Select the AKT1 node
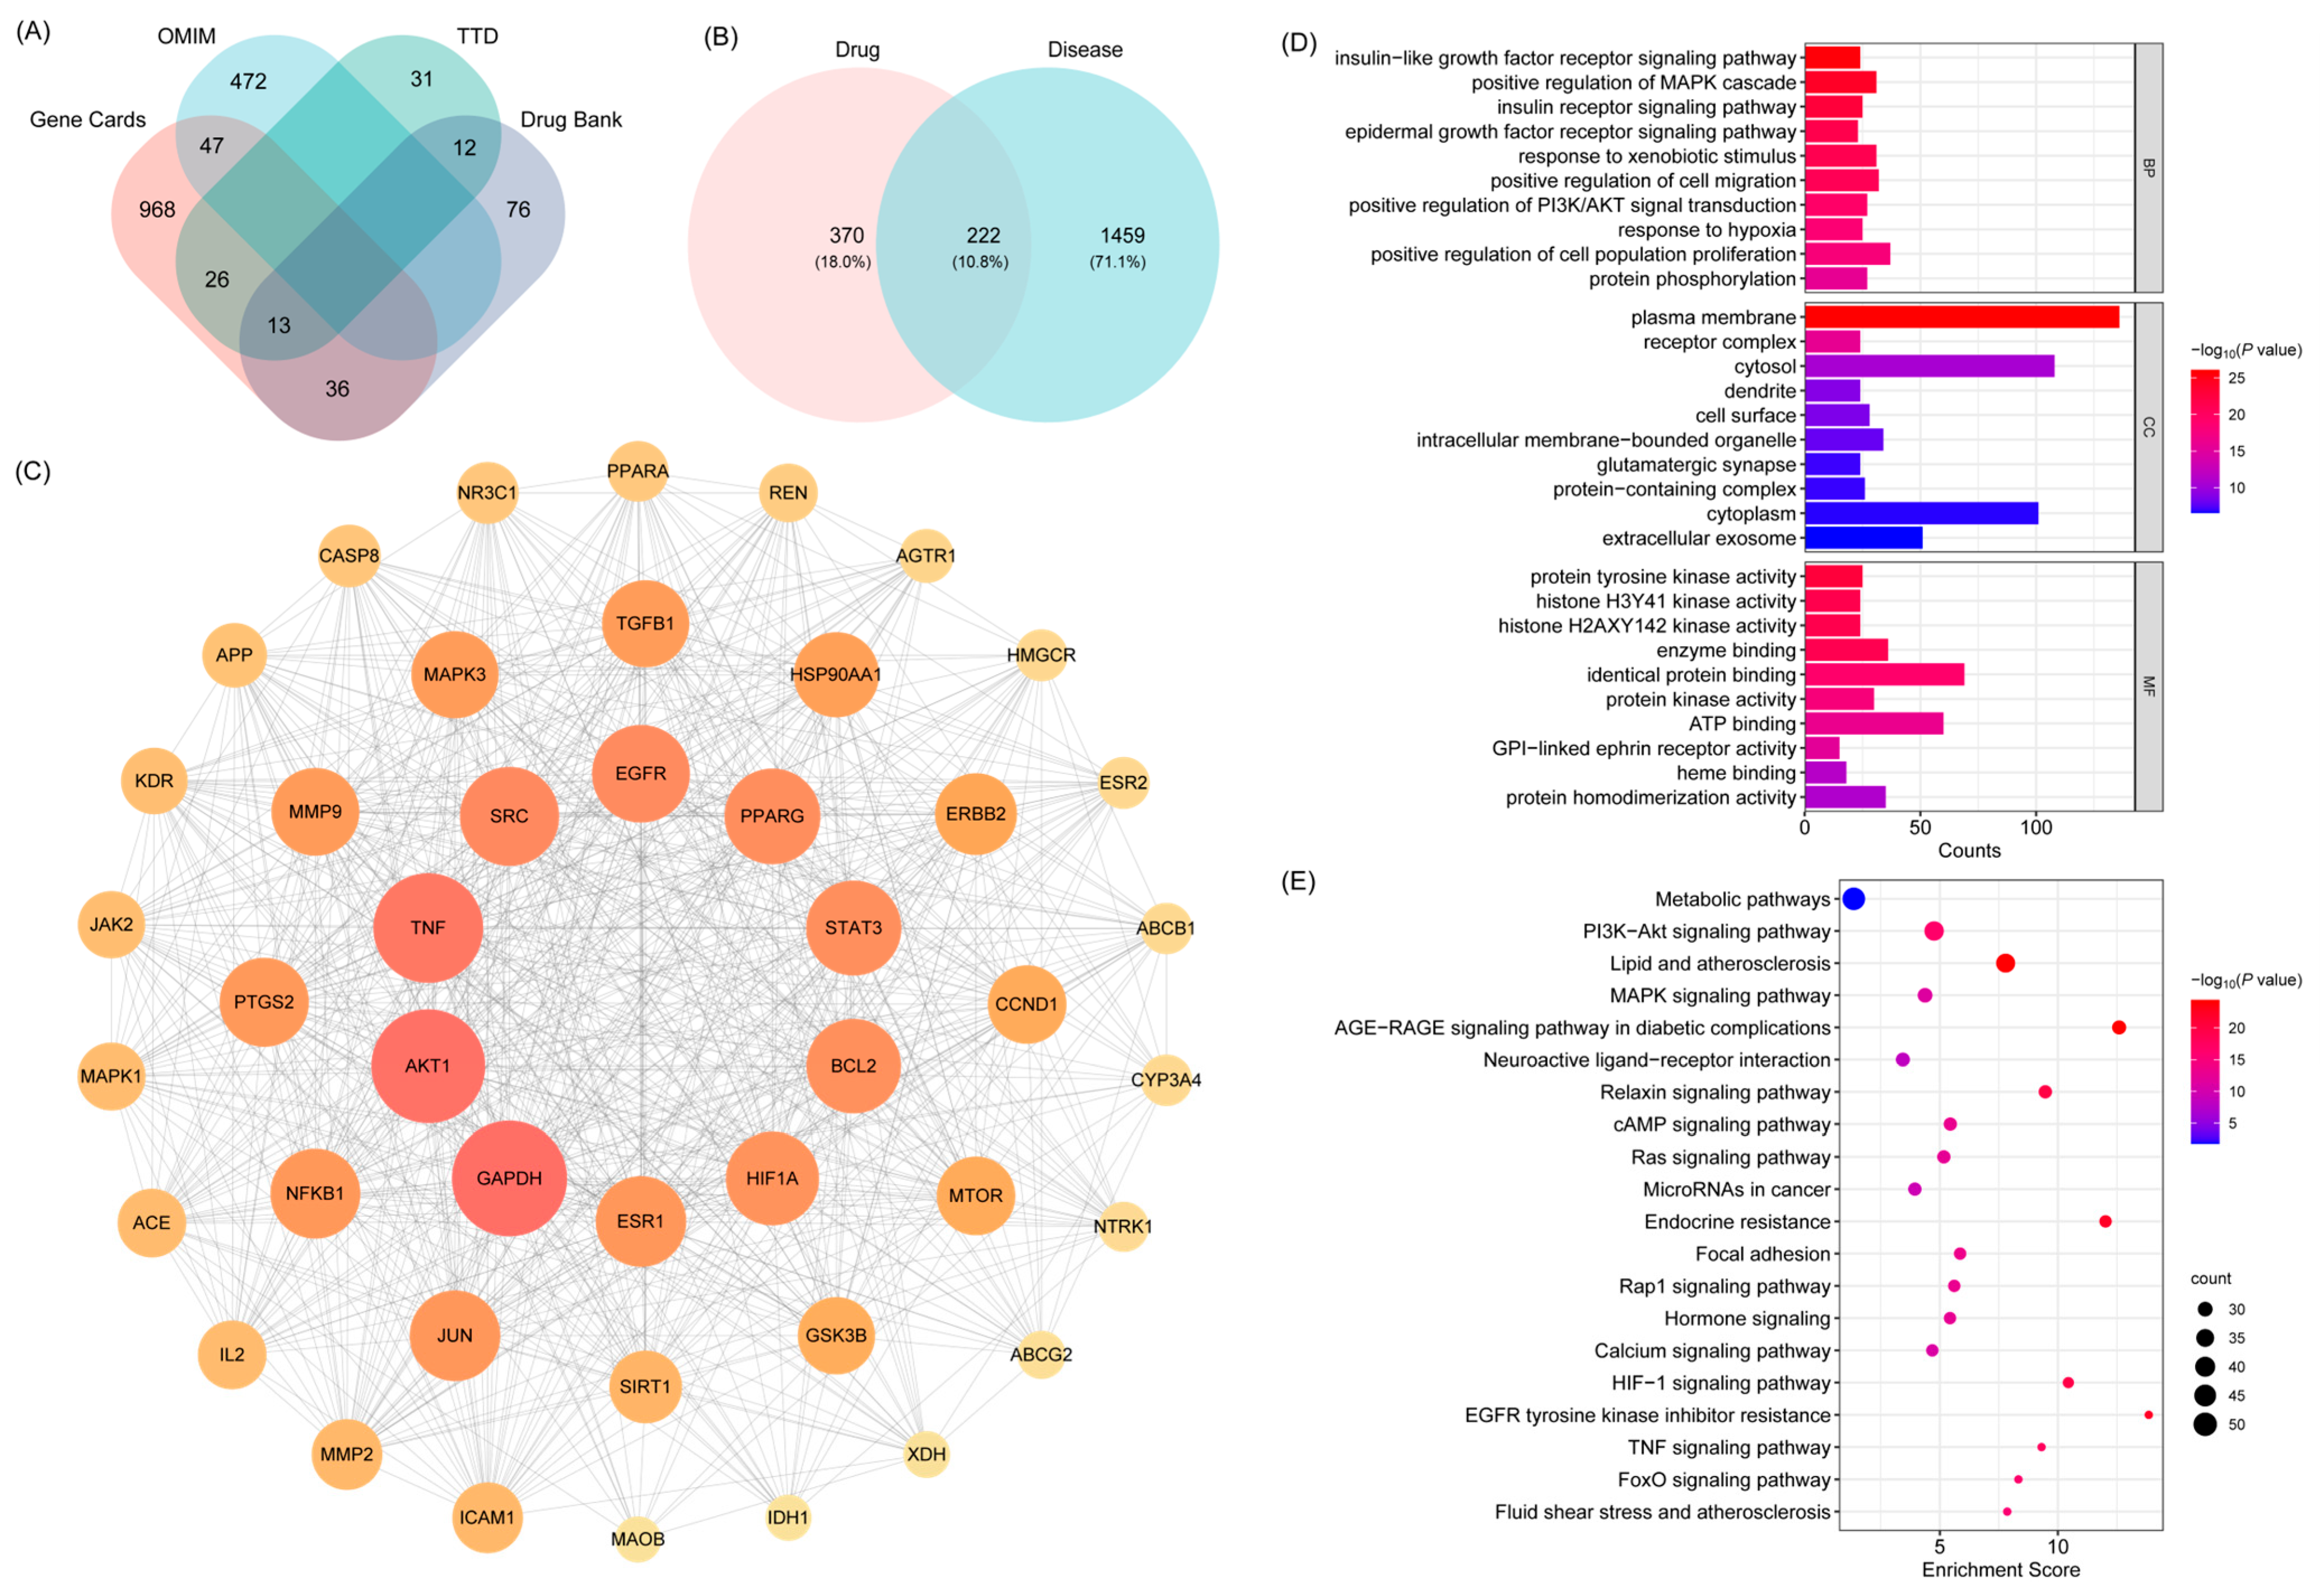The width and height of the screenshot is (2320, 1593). [x=427, y=1066]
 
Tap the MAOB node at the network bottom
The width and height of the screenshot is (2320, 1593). [x=637, y=1539]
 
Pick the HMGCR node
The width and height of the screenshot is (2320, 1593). [x=1041, y=655]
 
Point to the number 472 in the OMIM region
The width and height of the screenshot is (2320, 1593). [x=249, y=81]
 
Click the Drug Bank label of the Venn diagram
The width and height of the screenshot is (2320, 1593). [x=571, y=120]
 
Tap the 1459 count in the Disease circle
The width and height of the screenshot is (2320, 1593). [x=1122, y=236]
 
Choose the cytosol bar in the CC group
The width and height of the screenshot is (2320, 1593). [x=1928, y=366]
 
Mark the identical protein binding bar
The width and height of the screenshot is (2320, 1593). [x=1884, y=675]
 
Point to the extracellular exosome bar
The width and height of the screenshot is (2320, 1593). [x=1863, y=538]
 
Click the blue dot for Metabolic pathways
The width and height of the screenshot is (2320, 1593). [x=1853, y=899]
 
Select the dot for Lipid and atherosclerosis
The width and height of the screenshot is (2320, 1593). [x=2005, y=963]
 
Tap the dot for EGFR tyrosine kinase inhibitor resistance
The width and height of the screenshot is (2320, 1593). [x=2148, y=1416]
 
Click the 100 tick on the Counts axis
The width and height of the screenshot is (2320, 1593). [x=2035, y=828]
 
